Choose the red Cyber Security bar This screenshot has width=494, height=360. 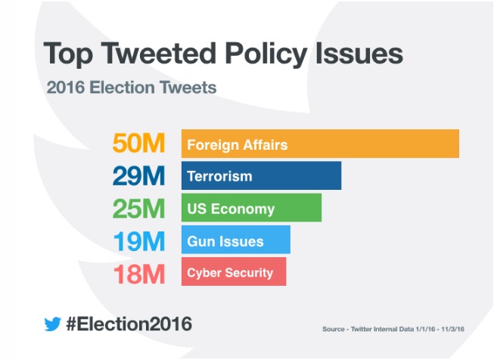[233, 272]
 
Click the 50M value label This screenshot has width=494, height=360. [138, 144]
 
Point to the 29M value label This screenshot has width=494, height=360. [138, 176]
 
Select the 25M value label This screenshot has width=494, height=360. [138, 209]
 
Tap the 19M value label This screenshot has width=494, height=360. [138, 241]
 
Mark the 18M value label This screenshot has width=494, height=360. [138, 273]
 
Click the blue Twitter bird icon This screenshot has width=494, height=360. [52, 324]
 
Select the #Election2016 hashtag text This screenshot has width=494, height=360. [129, 324]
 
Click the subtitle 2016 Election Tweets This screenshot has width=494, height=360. [131, 87]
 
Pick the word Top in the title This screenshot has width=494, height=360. [67, 54]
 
